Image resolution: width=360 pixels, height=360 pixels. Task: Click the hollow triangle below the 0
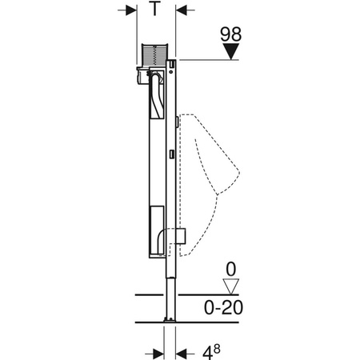[230, 284]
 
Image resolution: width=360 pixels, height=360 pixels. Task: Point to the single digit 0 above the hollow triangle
[230, 268]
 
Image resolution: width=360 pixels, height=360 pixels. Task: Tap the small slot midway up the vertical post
[173, 153]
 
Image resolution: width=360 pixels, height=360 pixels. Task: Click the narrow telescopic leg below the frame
[170, 288]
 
